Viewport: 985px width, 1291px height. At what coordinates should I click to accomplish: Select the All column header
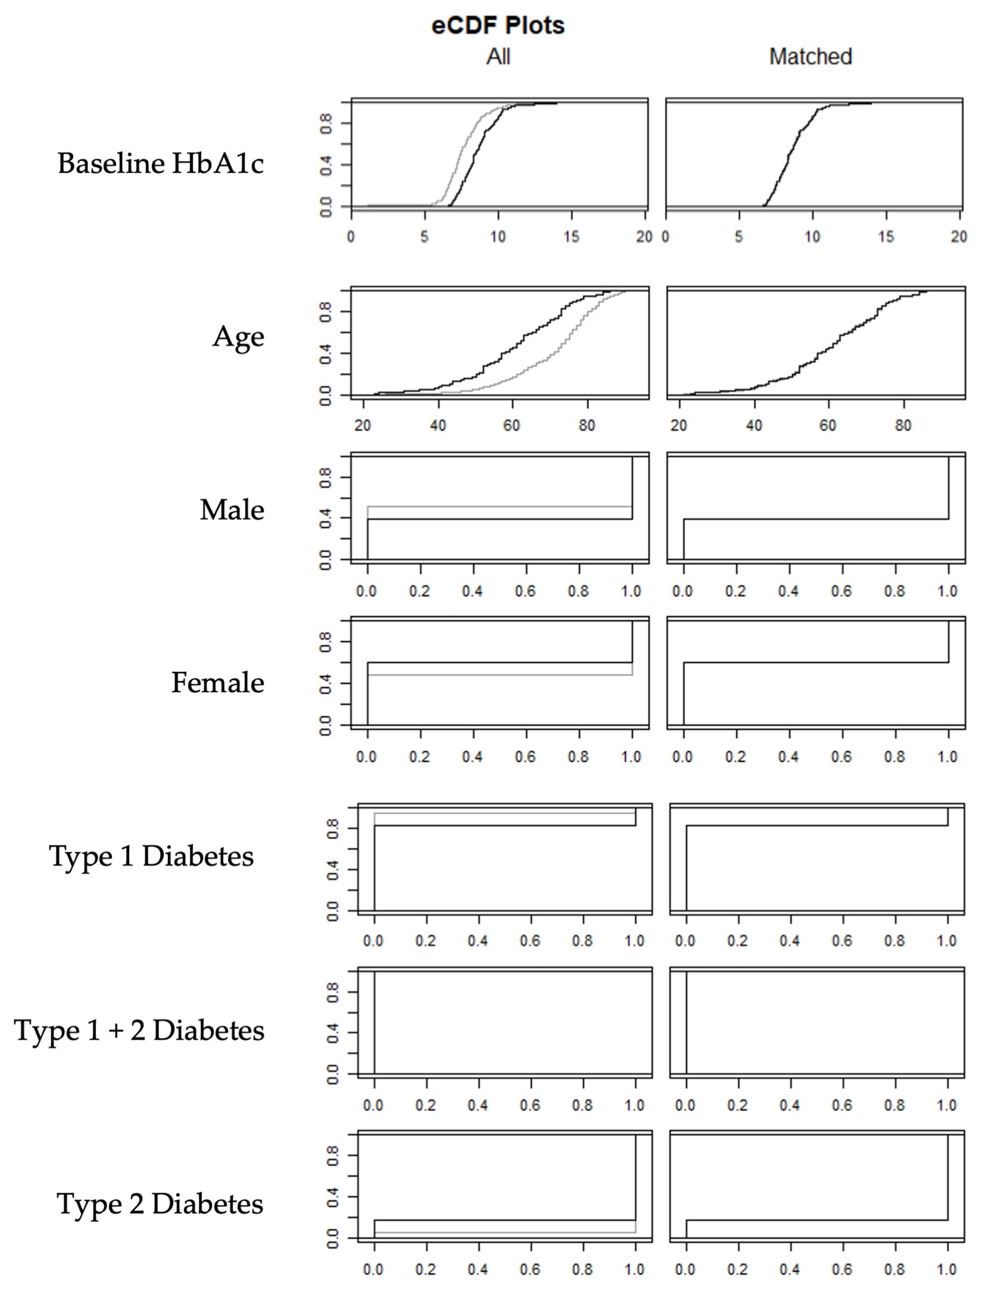[498, 57]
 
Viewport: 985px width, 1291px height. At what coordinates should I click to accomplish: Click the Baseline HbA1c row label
[161, 163]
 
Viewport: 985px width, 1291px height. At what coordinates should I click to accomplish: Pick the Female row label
[218, 682]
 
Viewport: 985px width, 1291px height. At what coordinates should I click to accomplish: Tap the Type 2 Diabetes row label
[160, 1204]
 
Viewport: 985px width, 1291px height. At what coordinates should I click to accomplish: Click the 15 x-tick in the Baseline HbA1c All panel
[571, 237]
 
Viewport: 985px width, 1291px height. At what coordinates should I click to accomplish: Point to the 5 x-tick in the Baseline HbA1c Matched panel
[739, 237]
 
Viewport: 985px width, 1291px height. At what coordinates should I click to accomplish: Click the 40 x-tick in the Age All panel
[438, 425]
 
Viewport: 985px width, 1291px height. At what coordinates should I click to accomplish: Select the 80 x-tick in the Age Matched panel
[903, 425]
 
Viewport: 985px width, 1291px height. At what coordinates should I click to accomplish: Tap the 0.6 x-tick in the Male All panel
[525, 591]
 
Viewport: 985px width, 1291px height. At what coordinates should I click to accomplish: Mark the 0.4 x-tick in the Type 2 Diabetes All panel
[478, 1270]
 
